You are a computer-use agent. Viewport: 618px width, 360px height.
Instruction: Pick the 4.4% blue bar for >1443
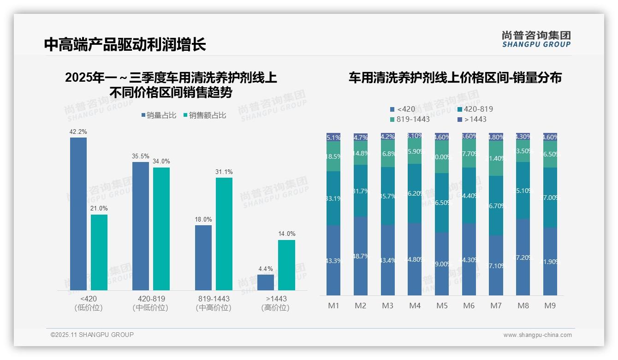(x=266, y=282)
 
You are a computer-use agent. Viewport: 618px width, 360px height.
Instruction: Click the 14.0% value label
(x=286, y=234)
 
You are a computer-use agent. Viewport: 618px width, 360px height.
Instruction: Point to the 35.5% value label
(x=141, y=156)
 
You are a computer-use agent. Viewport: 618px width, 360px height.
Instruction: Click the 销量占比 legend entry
(x=159, y=115)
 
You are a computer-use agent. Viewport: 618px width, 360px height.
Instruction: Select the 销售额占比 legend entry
(x=205, y=115)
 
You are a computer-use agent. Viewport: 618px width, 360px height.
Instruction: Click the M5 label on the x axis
(x=442, y=306)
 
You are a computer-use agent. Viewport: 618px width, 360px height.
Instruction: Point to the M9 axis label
(x=550, y=306)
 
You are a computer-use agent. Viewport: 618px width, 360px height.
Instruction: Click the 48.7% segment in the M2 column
(x=361, y=256)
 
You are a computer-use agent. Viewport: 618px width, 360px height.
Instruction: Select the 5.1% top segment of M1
(x=333, y=137)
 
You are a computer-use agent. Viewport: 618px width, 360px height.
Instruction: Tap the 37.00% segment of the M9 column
(x=550, y=198)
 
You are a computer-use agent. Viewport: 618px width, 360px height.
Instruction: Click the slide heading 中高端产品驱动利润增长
(x=125, y=44)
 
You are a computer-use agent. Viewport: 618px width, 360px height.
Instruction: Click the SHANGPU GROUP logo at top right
(x=536, y=39)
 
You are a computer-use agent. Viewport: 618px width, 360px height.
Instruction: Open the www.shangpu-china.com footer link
(x=537, y=335)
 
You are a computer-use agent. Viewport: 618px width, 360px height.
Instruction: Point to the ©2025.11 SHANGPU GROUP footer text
(x=92, y=335)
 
